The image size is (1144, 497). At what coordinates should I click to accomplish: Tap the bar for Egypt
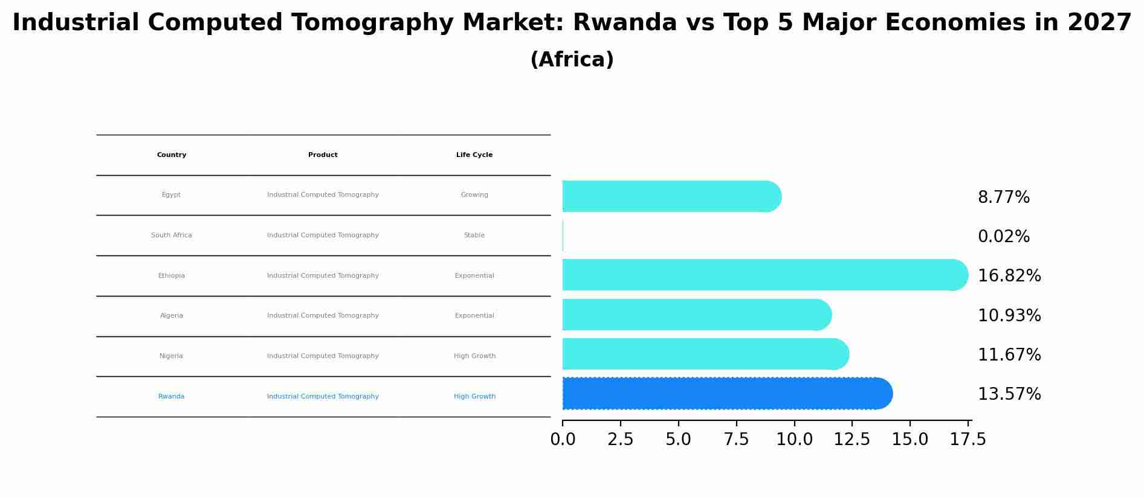(x=671, y=196)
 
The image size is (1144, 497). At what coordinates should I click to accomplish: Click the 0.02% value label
(x=1003, y=237)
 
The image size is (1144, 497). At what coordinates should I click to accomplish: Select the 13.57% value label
(x=1009, y=394)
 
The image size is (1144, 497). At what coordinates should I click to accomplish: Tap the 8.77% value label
(x=1003, y=197)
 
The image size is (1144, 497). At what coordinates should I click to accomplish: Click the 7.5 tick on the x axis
(x=737, y=440)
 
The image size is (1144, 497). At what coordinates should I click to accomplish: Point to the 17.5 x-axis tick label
(x=968, y=440)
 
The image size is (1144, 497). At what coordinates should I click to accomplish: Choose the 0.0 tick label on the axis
(x=563, y=440)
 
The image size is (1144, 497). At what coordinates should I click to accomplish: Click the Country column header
(x=172, y=155)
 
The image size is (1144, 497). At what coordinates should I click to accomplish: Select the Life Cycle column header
(x=474, y=155)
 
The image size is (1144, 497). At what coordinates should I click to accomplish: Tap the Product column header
(x=323, y=155)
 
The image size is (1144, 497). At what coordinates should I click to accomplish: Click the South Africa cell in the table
(x=172, y=236)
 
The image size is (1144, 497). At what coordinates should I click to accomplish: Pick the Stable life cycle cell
(x=474, y=236)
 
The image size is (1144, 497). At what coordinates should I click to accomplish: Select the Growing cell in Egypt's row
(x=474, y=195)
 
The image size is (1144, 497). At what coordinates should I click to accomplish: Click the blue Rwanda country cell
(x=172, y=397)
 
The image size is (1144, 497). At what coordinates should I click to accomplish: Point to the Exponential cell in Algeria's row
(x=474, y=316)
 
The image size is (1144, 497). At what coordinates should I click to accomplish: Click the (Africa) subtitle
(x=572, y=60)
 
